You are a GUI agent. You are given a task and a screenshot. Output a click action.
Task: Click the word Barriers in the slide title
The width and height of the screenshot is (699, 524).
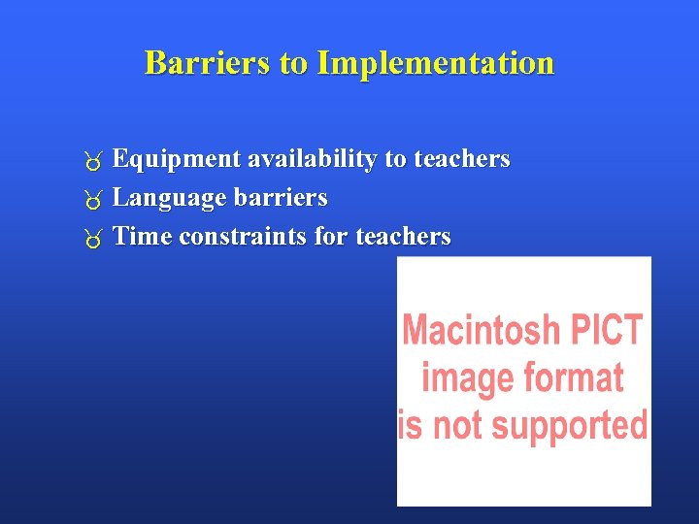[x=208, y=63]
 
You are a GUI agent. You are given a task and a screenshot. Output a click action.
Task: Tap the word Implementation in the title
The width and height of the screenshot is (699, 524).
[x=436, y=63]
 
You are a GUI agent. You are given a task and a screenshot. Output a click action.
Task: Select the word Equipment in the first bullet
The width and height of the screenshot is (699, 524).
[x=177, y=159]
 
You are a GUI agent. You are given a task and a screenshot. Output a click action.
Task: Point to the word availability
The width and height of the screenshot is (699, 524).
[x=312, y=159]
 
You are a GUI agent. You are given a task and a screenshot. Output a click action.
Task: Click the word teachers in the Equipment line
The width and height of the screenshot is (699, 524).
[x=461, y=159]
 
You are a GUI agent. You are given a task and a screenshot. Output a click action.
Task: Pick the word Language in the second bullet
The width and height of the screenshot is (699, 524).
[x=170, y=198]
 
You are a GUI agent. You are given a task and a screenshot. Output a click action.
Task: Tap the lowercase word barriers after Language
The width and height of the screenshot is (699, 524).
[x=281, y=198]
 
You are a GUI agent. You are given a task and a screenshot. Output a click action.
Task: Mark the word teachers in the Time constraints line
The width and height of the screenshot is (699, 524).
[x=403, y=237]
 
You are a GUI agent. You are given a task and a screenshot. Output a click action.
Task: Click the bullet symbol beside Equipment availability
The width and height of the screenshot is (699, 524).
[x=93, y=161]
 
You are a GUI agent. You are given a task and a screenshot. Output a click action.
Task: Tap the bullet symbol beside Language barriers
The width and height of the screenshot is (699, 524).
[x=93, y=200]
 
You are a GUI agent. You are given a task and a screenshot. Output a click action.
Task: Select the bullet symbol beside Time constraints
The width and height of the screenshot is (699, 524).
[x=93, y=239]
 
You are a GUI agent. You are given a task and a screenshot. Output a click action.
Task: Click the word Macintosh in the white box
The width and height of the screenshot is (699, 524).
[x=481, y=331]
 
